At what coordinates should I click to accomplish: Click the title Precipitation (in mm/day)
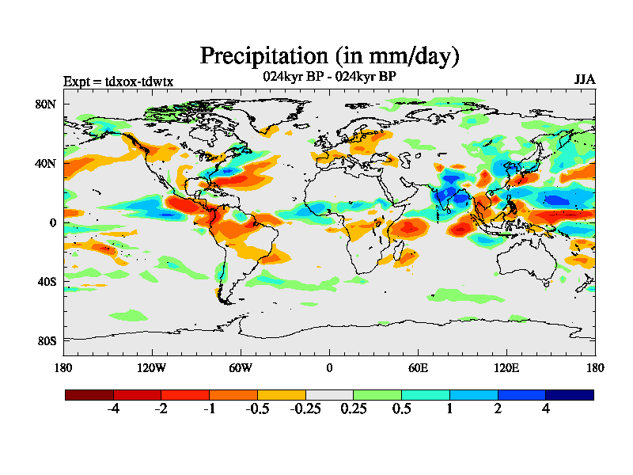(329, 56)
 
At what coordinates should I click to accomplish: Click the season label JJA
(585, 80)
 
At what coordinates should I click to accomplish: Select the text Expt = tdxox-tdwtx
(118, 82)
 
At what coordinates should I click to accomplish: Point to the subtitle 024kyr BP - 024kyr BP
(329, 77)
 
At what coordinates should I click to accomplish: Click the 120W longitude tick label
(152, 367)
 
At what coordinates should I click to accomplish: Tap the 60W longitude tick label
(241, 367)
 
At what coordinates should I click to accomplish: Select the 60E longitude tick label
(418, 367)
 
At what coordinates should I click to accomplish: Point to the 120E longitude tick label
(506, 367)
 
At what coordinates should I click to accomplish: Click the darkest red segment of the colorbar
(89, 394)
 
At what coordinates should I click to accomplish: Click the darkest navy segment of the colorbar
(570, 394)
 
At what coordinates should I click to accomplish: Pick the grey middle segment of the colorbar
(329, 394)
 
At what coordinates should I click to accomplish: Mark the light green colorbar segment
(377, 394)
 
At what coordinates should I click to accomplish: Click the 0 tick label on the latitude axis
(53, 222)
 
